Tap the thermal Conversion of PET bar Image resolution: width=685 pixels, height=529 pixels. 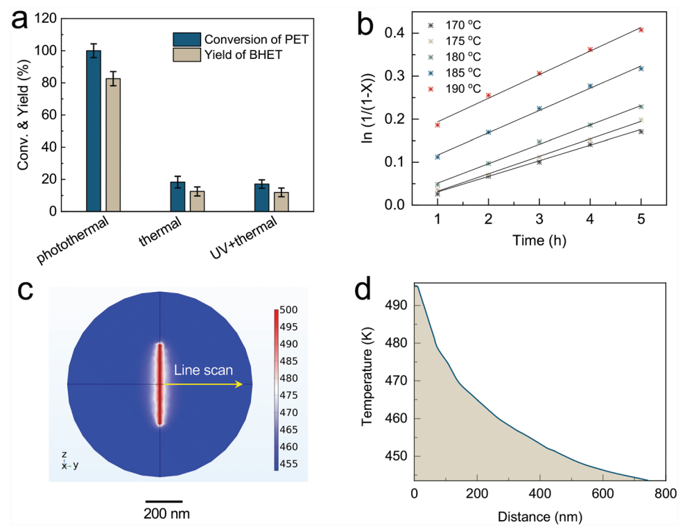pyautogui.click(x=177, y=196)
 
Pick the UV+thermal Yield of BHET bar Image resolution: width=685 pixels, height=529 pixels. pyautogui.click(x=281, y=201)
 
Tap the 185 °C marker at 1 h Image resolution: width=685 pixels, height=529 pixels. pyautogui.click(x=437, y=157)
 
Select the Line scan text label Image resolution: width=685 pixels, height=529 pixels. pyautogui.click(x=203, y=371)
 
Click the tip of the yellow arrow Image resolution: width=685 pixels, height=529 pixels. pyautogui.click(x=242, y=383)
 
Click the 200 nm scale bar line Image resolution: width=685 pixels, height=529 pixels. pyautogui.click(x=164, y=501)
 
